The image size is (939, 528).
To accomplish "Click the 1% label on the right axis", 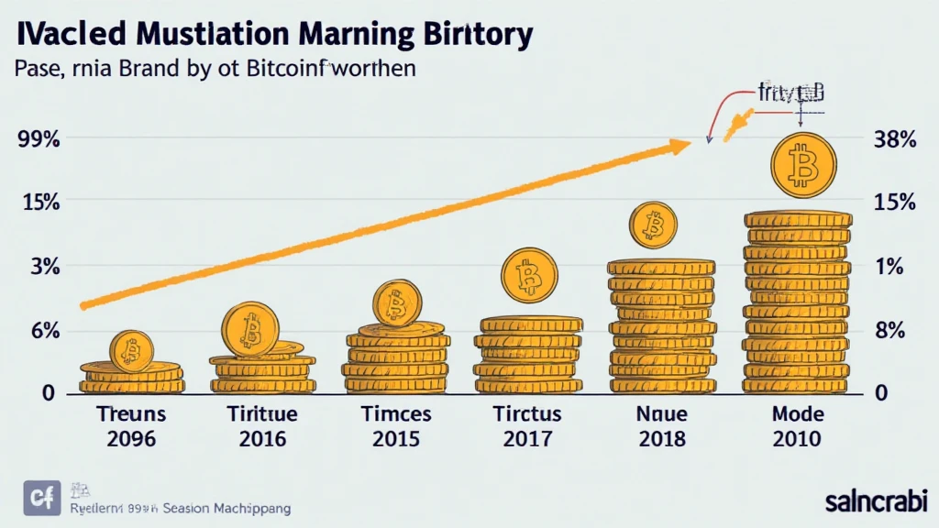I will click(x=890, y=267).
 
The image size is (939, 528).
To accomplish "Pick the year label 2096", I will click(x=130, y=438).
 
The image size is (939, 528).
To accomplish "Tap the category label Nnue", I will click(x=660, y=413).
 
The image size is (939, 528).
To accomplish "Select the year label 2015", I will click(x=396, y=438).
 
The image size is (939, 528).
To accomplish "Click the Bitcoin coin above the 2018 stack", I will click(x=653, y=225).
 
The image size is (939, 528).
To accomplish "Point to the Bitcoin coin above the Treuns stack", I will click(x=130, y=349).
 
